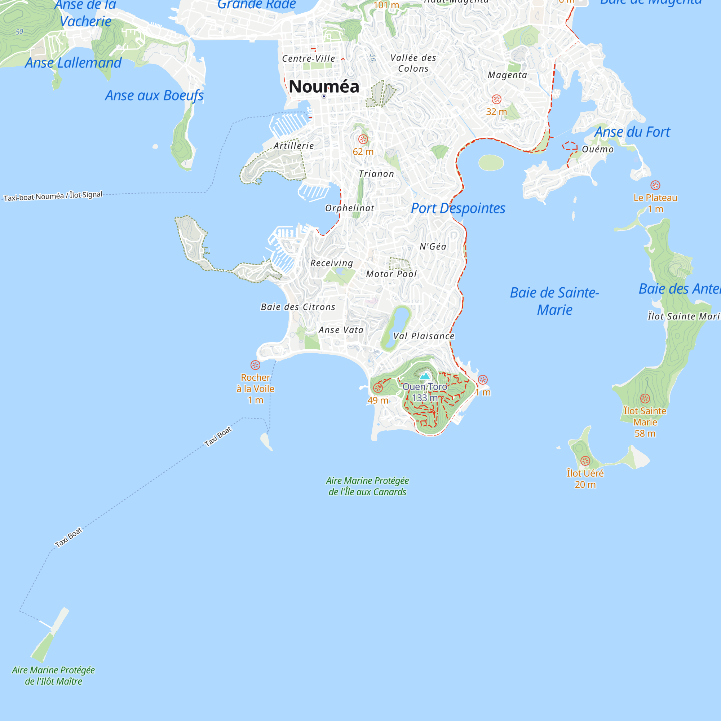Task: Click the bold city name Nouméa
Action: click(x=324, y=87)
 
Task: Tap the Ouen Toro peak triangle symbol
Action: click(x=425, y=376)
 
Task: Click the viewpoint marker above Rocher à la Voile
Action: click(x=255, y=364)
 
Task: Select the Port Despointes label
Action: click(x=458, y=208)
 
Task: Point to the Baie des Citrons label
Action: click(x=298, y=307)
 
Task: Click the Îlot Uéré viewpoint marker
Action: click(x=585, y=461)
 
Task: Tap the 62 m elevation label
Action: click(x=363, y=152)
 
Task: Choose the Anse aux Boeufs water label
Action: click(x=154, y=96)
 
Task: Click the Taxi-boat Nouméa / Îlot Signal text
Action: click(x=53, y=195)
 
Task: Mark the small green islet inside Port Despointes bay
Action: click(x=491, y=163)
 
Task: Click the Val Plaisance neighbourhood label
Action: click(x=424, y=336)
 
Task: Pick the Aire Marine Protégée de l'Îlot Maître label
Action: click(x=53, y=676)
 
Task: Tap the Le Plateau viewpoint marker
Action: click(x=655, y=185)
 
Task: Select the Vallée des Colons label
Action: click(x=413, y=63)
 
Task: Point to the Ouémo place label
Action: click(x=597, y=149)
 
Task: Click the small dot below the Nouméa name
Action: click(x=324, y=97)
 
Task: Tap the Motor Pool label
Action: click(x=391, y=274)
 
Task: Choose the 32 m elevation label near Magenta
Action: click(x=496, y=112)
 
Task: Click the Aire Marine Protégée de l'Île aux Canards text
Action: click(x=367, y=486)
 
